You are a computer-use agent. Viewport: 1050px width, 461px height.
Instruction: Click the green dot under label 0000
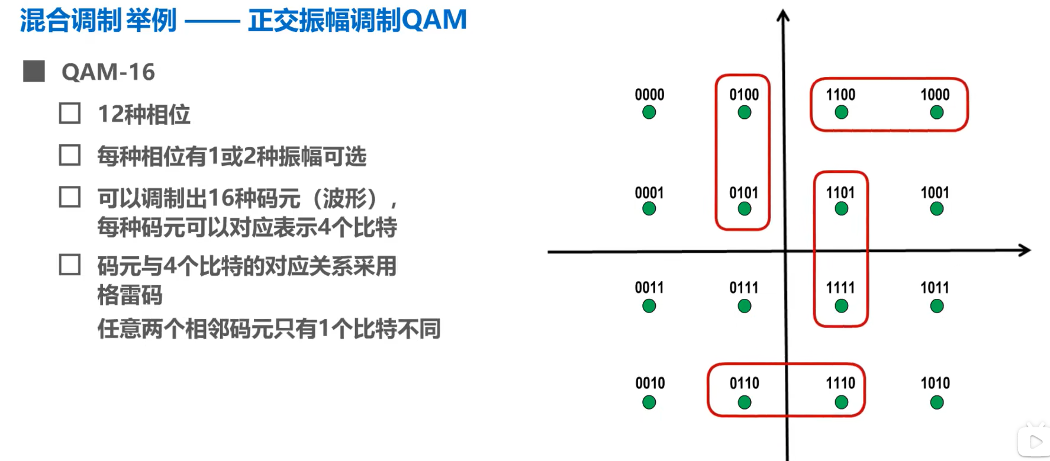point(649,112)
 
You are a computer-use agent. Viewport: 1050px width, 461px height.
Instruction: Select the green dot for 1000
point(936,112)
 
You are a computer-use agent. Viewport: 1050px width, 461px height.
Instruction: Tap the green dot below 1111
point(841,306)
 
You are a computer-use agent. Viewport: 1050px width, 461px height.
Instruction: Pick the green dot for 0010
point(649,402)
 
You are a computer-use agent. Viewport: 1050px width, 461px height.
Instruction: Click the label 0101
point(743,193)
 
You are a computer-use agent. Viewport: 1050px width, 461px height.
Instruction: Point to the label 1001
point(935,193)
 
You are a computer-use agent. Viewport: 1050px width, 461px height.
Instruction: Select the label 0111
point(743,288)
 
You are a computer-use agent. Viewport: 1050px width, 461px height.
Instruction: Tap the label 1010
point(935,383)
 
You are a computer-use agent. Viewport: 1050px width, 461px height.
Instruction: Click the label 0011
point(649,288)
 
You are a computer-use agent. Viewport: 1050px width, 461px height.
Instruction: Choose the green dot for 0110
point(745,402)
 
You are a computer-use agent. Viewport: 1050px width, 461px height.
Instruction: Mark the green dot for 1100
point(841,112)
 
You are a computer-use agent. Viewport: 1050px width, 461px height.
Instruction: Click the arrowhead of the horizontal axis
point(1026,250)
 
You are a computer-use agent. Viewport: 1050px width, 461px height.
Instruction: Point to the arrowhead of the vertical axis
point(783,15)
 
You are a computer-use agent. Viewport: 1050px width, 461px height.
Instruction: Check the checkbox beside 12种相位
point(70,113)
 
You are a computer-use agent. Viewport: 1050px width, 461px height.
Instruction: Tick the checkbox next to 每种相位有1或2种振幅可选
point(70,155)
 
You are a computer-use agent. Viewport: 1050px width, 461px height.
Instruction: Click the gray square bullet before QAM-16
point(34,71)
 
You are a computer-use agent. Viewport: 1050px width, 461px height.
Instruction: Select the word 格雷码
point(130,295)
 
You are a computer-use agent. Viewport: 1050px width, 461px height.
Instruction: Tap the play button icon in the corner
point(1035,441)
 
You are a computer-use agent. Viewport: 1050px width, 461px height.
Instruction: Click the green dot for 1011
point(936,306)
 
